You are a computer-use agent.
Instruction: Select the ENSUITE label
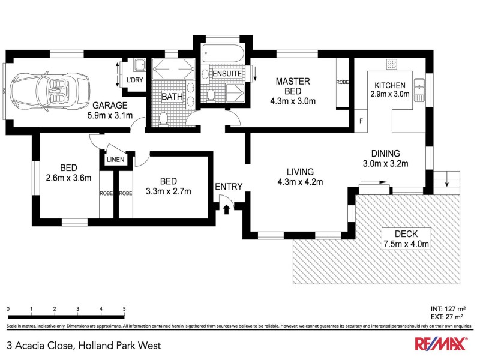pos(227,74)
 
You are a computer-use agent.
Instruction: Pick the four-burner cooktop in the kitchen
pos(393,65)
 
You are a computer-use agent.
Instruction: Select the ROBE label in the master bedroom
pos(343,82)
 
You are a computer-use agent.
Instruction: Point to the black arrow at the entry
pos(226,208)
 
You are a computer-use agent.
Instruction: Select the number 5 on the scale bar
pos(124,310)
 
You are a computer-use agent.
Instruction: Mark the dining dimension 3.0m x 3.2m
pos(385,163)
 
